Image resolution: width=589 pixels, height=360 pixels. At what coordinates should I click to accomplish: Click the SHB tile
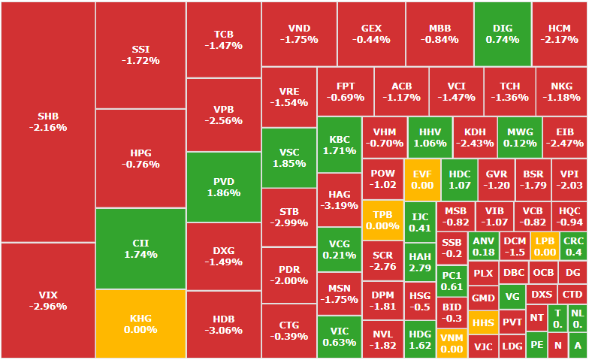click(x=48, y=122)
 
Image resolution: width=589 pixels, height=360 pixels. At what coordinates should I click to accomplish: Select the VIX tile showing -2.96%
click(x=48, y=300)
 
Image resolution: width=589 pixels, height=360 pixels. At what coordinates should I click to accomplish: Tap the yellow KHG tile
click(x=140, y=323)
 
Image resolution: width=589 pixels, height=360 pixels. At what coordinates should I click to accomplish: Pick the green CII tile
click(x=140, y=248)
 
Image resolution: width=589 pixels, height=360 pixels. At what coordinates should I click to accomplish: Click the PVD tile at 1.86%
click(x=224, y=187)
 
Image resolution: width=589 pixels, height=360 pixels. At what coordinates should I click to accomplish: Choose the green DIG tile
click(x=503, y=34)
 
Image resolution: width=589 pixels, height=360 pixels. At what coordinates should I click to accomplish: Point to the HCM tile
click(x=560, y=34)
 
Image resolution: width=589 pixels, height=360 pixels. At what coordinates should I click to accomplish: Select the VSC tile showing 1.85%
click(x=289, y=157)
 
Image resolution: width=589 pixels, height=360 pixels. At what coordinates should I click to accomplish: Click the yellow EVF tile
click(x=422, y=180)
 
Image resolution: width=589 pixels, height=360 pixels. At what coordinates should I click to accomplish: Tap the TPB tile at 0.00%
click(x=383, y=219)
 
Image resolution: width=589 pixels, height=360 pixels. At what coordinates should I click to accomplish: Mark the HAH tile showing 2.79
click(x=420, y=262)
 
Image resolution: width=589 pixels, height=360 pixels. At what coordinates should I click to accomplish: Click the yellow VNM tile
click(x=452, y=343)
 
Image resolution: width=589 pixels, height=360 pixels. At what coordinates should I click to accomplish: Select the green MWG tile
click(x=520, y=137)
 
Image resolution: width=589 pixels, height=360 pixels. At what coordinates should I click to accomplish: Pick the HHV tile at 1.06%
click(x=430, y=137)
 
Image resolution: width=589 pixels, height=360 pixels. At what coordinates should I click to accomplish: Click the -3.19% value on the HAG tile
click(x=339, y=205)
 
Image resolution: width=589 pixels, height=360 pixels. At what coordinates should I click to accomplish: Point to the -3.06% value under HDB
click(x=224, y=330)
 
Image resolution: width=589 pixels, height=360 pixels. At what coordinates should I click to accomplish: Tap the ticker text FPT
click(x=346, y=86)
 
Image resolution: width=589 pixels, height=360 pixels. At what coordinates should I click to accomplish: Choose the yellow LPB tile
click(x=544, y=247)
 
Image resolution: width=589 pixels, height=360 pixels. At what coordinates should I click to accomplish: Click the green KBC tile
click(x=340, y=144)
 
